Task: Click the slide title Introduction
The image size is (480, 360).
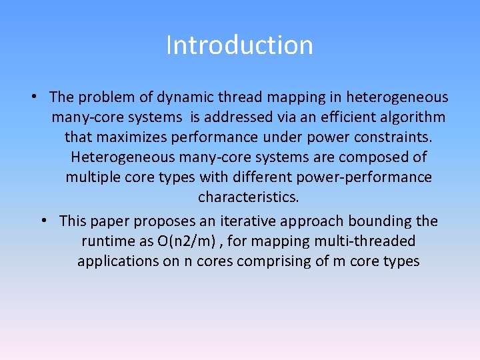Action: (x=239, y=45)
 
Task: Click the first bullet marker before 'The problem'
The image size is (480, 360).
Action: (x=33, y=97)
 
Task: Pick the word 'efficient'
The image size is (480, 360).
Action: (x=346, y=118)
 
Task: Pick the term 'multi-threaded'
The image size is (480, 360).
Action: (x=368, y=241)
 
